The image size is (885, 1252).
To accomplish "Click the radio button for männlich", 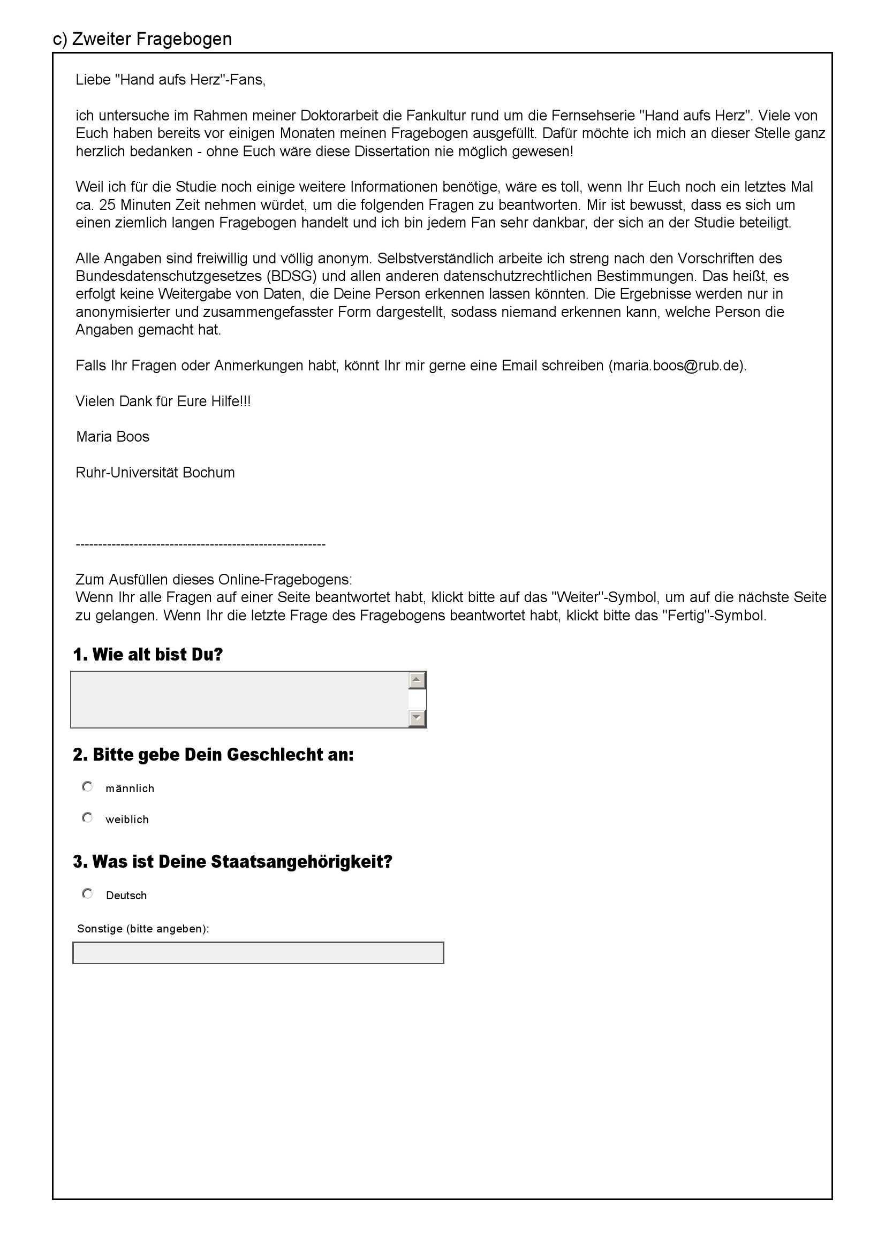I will tap(87, 787).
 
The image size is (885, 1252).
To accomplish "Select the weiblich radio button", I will tap(87, 818).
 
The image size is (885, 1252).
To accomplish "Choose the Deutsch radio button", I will tap(87, 894).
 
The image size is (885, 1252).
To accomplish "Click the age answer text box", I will tap(239, 700).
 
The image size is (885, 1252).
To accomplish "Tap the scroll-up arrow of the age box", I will tap(417, 680).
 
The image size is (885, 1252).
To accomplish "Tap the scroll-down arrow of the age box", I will tap(417, 718).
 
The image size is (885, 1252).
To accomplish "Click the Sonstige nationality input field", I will tap(258, 953).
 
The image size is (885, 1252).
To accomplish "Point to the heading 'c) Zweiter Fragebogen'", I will tap(142, 39).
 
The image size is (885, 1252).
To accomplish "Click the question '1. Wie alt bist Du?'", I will tap(148, 654).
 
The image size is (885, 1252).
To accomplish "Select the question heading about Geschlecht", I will tap(213, 755).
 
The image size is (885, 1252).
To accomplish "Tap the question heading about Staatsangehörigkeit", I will tap(232, 862).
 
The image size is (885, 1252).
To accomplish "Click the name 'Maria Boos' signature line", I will tap(112, 437).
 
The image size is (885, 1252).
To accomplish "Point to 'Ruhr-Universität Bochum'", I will tap(155, 472).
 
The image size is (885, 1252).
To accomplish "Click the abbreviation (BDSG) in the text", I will tap(294, 276).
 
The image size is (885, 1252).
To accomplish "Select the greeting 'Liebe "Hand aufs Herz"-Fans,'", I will tap(170, 80).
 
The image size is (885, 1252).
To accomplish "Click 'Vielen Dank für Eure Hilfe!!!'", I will tap(163, 401).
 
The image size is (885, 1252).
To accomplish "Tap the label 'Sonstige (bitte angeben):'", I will tap(143, 929).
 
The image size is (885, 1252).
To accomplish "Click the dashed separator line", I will tap(200, 544).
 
